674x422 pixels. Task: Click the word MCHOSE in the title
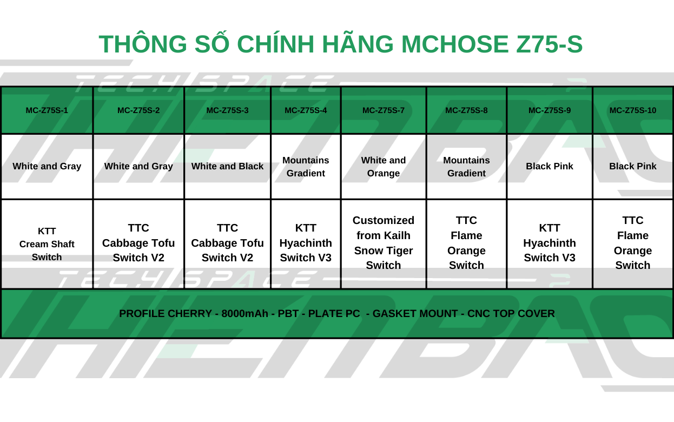[455, 44]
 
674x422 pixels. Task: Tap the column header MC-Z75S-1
[47, 110]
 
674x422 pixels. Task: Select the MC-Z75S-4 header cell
[306, 110]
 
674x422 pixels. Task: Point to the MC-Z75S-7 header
[384, 110]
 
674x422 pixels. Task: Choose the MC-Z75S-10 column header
[633, 110]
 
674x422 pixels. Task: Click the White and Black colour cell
[228, 166]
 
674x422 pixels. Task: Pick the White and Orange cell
[384, 167]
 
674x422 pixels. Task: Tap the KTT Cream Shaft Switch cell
[47, 244]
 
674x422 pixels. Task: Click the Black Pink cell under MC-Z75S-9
[550, 166]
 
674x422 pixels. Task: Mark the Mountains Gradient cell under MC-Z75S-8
[466, 167]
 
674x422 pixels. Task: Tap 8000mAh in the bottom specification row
[245, 314]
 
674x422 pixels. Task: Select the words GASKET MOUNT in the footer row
[415, 314]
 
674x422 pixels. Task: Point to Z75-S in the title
[550, 44]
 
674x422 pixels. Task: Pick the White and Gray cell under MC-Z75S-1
[47, 166]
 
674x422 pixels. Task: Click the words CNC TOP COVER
[511, 314]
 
